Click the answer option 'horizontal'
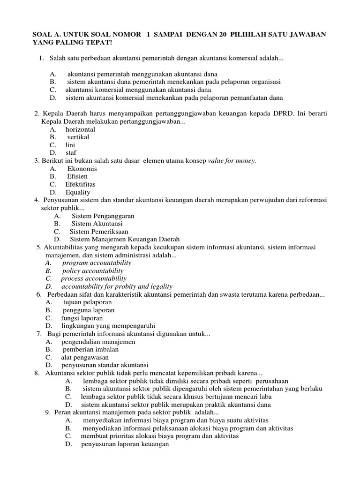point(80,129)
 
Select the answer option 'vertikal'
point(78,137)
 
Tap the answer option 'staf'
point(71,153)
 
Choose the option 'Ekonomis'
point(82,169)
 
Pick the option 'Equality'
point(78,192)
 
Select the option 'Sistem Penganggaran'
point(103,216)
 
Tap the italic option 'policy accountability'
point(93,271)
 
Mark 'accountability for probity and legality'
point(117,286)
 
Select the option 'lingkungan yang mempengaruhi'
point(108,326)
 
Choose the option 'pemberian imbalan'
point(90,350)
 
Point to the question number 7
point(39,334)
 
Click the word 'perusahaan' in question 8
point(272,381)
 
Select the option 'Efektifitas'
point(80,184)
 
